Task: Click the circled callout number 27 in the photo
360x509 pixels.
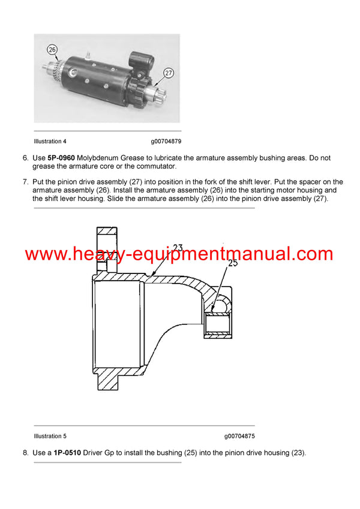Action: pyautogui.click(x=168, y=73)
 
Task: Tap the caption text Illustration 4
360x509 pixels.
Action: pyautogui.click(x=50, y=141)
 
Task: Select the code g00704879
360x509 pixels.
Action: pyautogui.click(x=166, y=141)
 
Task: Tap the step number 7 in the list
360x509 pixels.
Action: pyautogui.click(x=26, y=182)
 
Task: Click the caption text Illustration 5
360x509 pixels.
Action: pyautogui.click(x=50, y=436)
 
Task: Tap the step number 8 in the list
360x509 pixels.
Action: pyautogui.click(x=26, y=453)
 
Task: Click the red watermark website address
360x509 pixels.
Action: pyautogui.click(x=179, y=254)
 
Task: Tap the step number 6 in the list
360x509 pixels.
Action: pyautogui.click(x=26, y=158)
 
